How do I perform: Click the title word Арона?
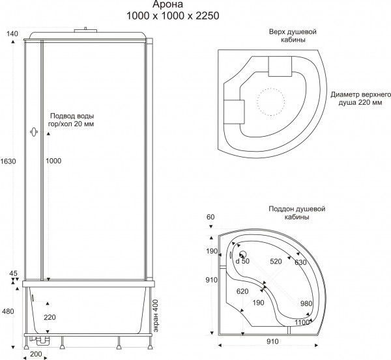(168, 5)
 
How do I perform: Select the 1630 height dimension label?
(8, 161)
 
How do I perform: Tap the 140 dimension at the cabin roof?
(12, 33)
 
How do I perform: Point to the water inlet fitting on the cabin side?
(34, 132)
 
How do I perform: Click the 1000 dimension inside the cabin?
(53, 161)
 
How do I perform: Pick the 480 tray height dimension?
(8, 311)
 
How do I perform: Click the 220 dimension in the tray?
(50, 317)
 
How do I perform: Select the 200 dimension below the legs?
(36, 353)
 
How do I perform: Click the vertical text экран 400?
(156, 316)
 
